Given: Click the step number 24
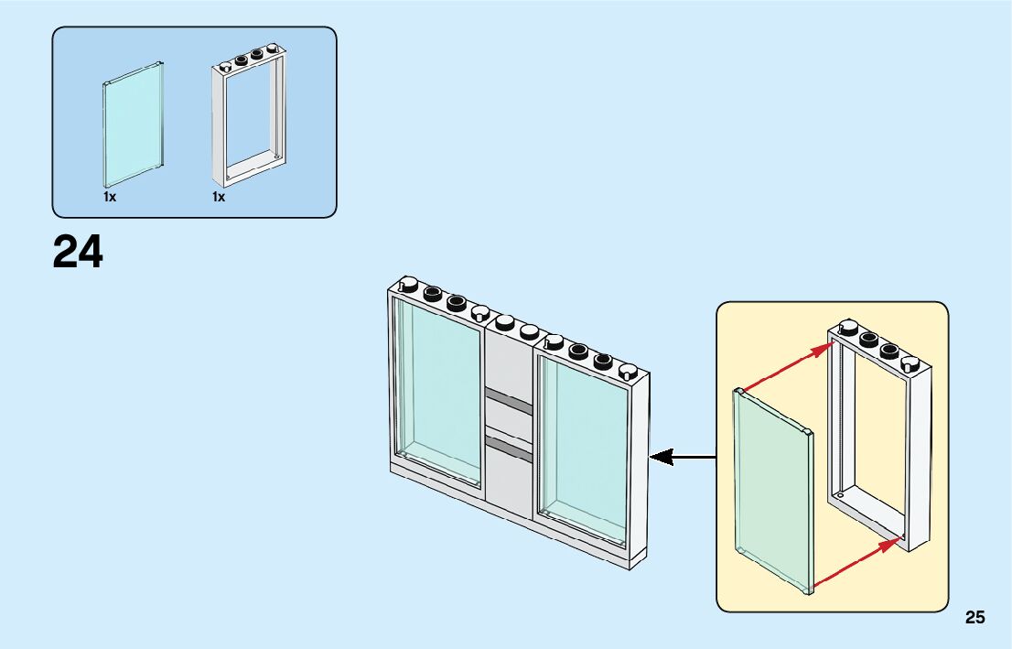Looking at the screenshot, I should (78, 252).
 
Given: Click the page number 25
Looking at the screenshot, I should (974, 618).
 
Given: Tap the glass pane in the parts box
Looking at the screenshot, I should (134, 124).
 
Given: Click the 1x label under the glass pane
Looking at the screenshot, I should (110, 197).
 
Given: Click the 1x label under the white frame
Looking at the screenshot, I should (219, 197).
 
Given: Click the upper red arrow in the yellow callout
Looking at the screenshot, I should (787, 368).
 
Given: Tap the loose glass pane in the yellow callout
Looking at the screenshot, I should (773, 490).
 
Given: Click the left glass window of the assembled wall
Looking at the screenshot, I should (437, 389).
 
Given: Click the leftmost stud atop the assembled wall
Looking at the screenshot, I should (410, 283).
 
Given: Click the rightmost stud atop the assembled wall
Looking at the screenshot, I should (628, 371).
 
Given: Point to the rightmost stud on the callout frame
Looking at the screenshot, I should (909, 363).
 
